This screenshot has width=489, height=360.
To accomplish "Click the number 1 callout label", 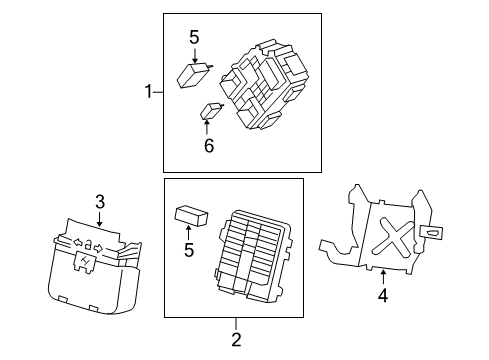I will (148, 92).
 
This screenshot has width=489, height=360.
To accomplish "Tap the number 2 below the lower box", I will (236, 339).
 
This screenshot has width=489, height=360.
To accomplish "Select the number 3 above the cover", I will (100, 203).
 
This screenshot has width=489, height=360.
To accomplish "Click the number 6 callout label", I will (208, 146).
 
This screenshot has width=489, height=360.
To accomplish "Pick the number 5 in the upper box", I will (194, 38).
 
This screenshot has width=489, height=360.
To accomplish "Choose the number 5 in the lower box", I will (188, 251).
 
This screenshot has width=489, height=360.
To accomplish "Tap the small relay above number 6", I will (212, 111).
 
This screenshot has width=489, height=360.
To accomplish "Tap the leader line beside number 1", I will (159, 92).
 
